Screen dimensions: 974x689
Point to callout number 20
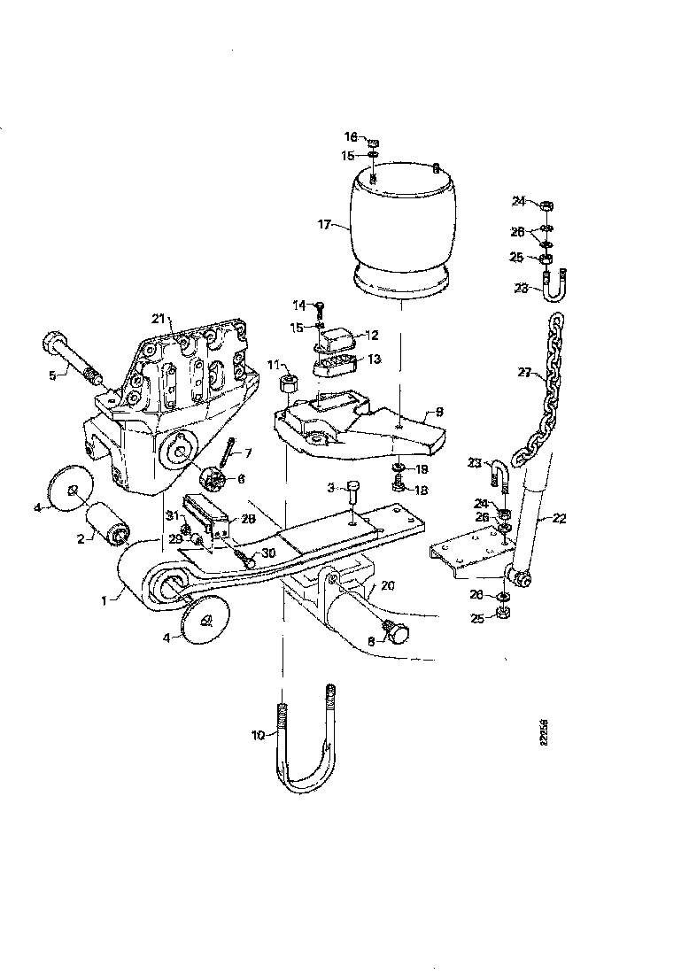click(389, 585)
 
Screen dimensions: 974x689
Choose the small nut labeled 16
click(374, 141)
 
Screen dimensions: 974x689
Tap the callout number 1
click(104, 599)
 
